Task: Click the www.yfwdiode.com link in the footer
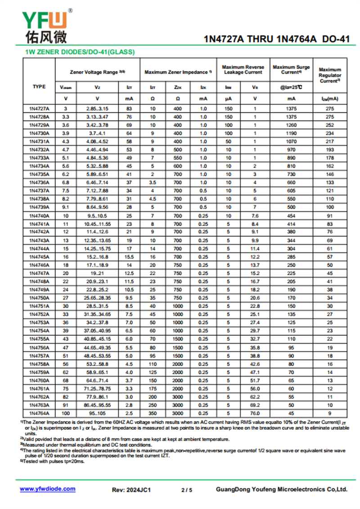(48, 489)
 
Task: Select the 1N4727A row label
(39, 109)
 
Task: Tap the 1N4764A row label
(39, 413)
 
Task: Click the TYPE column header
(39, 86)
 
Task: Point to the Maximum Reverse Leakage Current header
(243, 70)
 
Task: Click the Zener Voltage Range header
(97, 72)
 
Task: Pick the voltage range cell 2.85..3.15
(97, 109)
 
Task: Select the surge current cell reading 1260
(292, 125)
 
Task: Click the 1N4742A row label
(39, 232)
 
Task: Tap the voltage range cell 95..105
(97, 413)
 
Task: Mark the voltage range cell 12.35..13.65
(97, 240)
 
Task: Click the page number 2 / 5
(187, 490)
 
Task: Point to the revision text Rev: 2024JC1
(131, 490)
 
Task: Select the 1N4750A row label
(39, 298)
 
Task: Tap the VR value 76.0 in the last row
(255, 413)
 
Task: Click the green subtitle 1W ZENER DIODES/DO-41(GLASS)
(79, 52)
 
